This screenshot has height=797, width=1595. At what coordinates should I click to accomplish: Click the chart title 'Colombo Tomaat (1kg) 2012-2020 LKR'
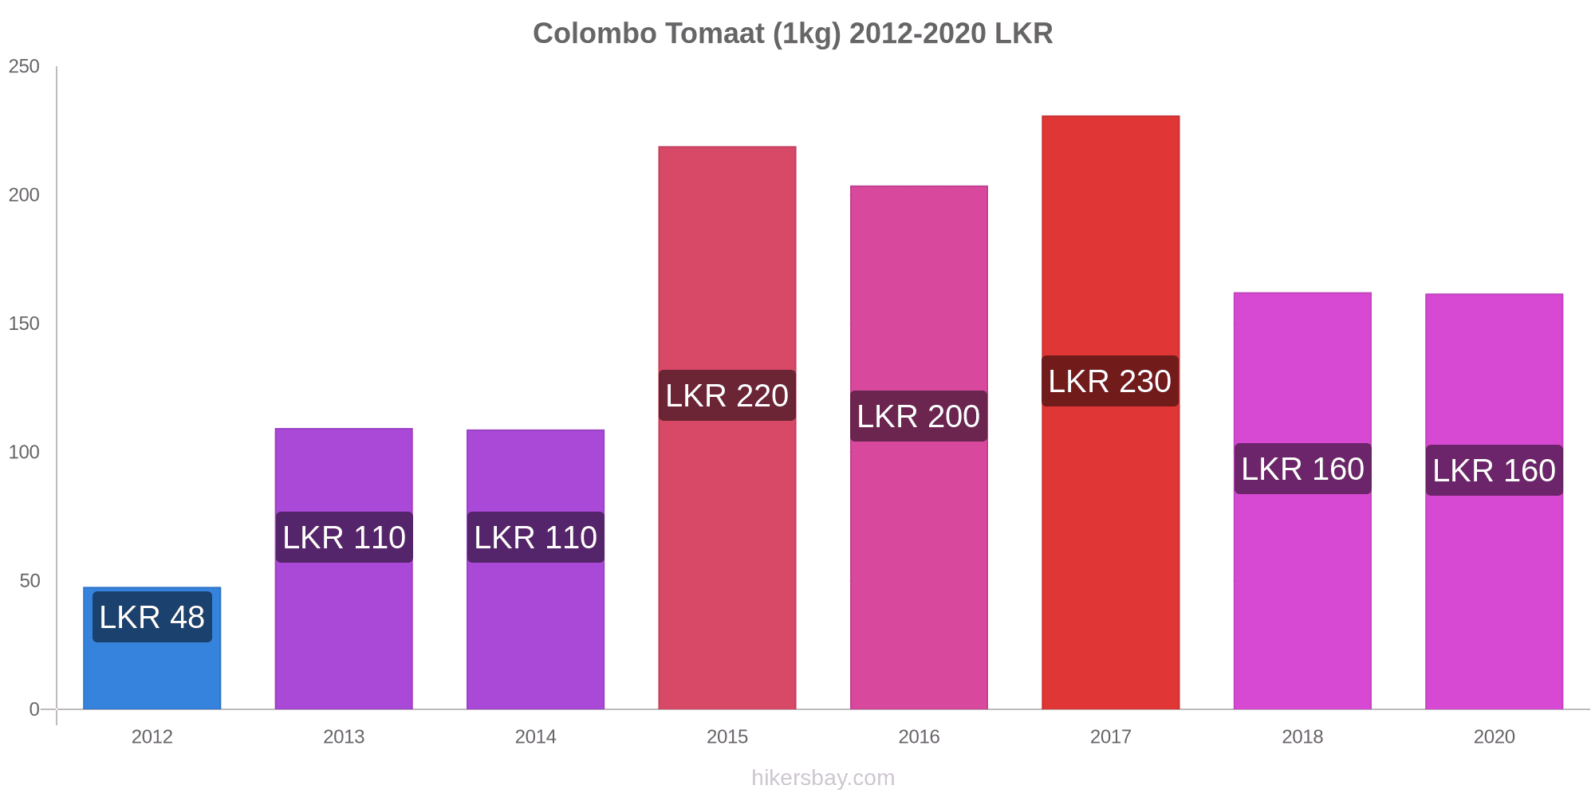click(793, 33)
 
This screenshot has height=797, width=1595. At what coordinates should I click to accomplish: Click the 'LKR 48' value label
click(152, 617)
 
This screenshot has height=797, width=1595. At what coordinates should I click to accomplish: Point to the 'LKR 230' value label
click(1109, 381)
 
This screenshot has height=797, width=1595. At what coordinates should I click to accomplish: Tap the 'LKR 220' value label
click(727, 395)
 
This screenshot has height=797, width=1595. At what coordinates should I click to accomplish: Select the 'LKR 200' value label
click(918, 416)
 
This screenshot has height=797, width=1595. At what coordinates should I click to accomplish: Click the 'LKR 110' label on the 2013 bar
click(344, 537)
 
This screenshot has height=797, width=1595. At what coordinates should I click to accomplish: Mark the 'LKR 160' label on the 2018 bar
click(1302, 469)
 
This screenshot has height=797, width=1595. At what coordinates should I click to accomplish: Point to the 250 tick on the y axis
click(24, 67)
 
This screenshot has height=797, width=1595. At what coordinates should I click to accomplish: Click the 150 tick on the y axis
click(24, 324)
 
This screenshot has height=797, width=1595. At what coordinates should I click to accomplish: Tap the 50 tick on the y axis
click(30, 581)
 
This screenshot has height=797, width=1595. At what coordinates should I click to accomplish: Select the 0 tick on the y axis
click(34, 709)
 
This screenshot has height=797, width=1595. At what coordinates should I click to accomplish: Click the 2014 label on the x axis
click(535, 736)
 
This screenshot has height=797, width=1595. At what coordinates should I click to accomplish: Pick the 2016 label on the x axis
click(919, 736)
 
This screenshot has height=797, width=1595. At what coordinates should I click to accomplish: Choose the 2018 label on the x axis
click(1302, 736)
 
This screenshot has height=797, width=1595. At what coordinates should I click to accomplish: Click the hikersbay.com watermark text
click(823, 778)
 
